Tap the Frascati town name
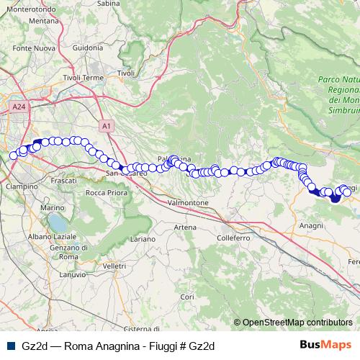coord(64,181)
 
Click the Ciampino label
coord(23,186)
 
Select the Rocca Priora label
coord(107,193)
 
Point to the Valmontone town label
coord(187,204)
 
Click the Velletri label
coord(115,266)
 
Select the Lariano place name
coord(144,238)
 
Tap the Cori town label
coord(187,297)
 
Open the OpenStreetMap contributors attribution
coord(297,323)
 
